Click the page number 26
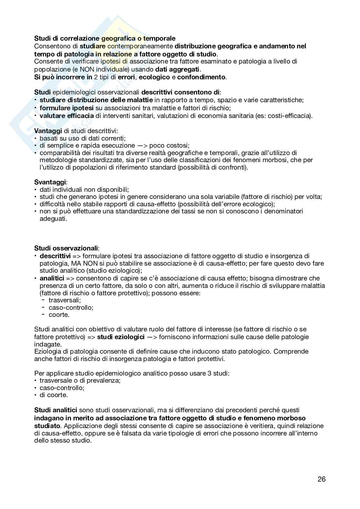pos(322,479)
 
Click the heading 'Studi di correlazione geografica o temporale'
pos(105,39)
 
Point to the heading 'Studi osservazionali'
pos(66,248)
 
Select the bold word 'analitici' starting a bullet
pos(52,278)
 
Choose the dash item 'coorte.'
pos(59,315)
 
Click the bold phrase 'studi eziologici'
pos(121,337)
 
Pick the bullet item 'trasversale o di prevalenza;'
pos(80,380)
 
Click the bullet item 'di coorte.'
pos(54,395)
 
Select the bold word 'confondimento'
pos(201,77)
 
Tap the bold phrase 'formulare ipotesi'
pos(66,108)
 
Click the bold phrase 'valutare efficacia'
pos(66,116)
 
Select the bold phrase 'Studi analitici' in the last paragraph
pos(55,410)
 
